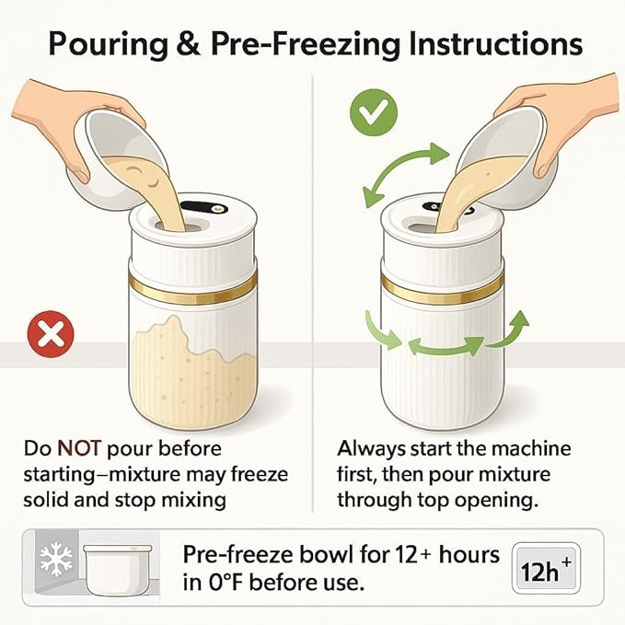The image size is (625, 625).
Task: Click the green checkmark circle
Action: click(374, 113)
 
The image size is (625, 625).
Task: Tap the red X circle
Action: click(51, 334)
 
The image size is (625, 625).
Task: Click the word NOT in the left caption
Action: click(79, 448)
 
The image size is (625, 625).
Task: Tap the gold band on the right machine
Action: click(443, 288)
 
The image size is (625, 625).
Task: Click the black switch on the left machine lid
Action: click(203, 208)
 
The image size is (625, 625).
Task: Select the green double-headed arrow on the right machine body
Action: click(446, 346)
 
